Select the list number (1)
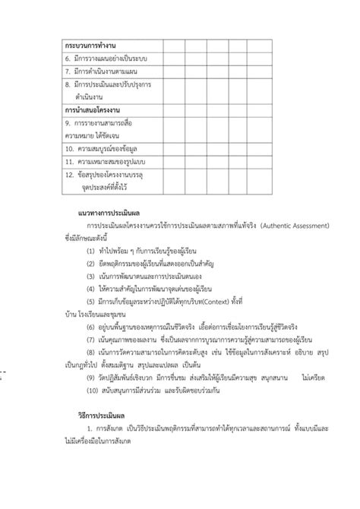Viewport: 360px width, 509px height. tap(91, 251)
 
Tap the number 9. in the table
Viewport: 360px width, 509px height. tap(68, 122)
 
